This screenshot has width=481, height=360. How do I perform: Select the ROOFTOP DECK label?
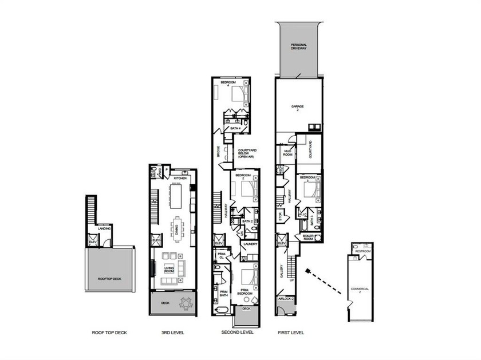coord(109,279)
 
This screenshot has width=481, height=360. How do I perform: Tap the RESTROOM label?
coord(363,251)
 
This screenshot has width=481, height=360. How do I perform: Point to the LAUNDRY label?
coord(250,244)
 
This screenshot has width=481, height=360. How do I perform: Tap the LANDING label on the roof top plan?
coord(104,229)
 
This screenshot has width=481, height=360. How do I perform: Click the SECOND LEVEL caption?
coord(238,332)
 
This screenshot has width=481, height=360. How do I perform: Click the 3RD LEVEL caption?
coord(173,332)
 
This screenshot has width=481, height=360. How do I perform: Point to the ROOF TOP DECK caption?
coord(106,332)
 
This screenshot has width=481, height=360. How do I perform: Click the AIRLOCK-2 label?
coord(286,299)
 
